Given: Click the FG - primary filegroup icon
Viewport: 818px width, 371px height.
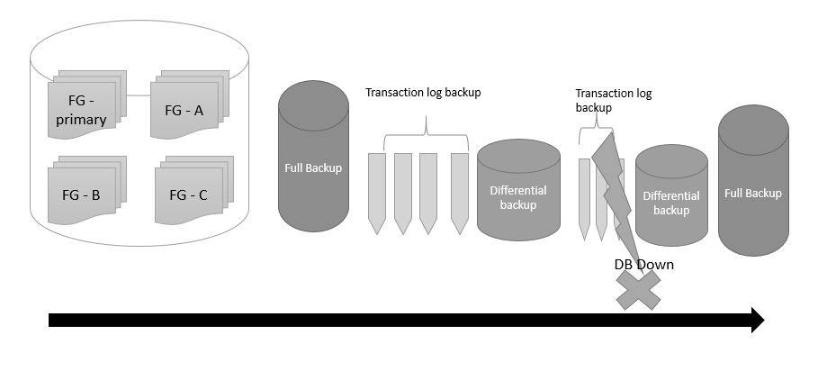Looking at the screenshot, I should [82, 110].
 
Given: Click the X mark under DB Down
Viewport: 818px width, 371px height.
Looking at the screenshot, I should [638, 290].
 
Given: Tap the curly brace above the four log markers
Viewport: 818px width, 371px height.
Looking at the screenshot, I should [425, 140].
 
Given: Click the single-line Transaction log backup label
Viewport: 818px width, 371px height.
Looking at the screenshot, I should [423, 92].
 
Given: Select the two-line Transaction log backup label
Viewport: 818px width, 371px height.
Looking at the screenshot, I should [613, 100].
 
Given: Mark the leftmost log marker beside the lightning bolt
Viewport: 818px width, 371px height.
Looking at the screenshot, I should [584, 198].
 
